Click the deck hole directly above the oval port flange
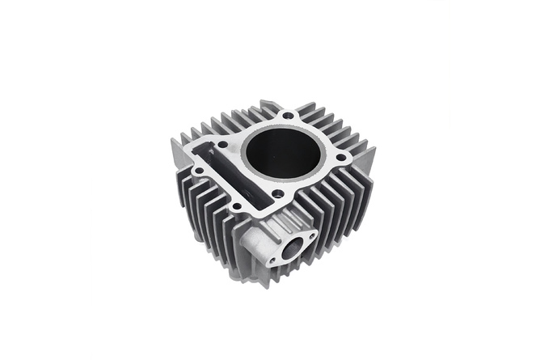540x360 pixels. coord(277,193)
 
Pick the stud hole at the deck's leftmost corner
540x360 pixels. coord(198,171)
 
